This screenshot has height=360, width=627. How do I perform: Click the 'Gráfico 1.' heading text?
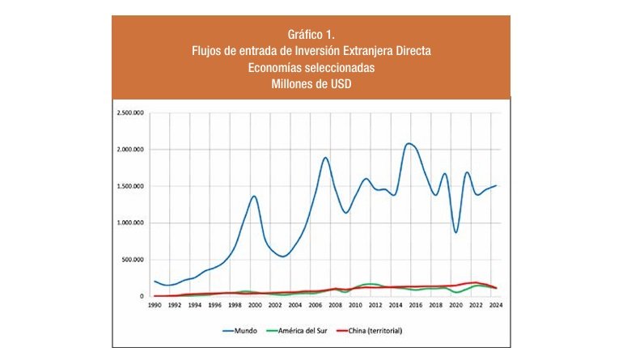click(311, 35)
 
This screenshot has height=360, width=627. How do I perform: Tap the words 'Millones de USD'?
click(311, 83)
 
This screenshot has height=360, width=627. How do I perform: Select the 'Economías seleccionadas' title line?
click(311, 67)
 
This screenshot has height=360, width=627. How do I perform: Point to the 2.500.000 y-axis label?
click(129, 112)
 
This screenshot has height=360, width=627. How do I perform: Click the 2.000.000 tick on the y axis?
click(129, 150)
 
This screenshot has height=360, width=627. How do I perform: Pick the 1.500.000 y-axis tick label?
click(129, 186)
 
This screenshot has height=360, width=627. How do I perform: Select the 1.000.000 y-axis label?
click(129, 222)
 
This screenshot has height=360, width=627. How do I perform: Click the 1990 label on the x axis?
click(154, 307)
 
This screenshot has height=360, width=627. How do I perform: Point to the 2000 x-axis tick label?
click(254, 307)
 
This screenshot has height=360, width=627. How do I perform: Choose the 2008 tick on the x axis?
click(334, 307)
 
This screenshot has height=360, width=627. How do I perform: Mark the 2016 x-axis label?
click(415, 307)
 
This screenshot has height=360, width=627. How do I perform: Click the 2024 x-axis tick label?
click(495, 307)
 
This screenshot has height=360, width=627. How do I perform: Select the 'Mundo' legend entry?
click(241, 330)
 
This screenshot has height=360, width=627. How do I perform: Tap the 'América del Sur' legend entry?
click(300, 330)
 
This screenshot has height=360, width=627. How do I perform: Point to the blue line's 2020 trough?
click(456, 233)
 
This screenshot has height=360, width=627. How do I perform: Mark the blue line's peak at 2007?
click(325, 157)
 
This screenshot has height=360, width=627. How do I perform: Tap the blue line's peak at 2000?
click(254, 196)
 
